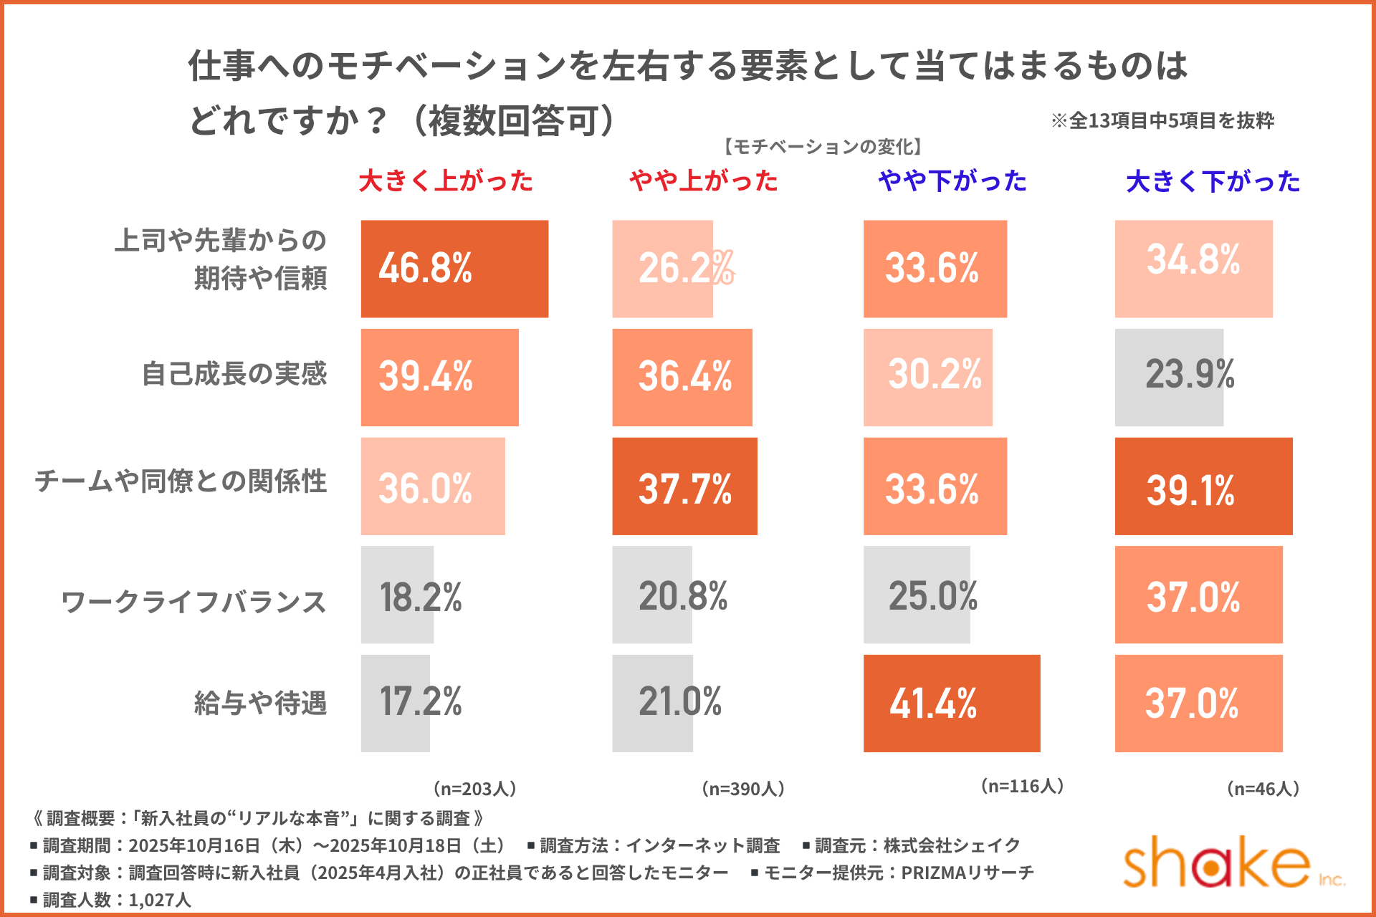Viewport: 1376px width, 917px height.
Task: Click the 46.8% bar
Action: [x=454, y=269]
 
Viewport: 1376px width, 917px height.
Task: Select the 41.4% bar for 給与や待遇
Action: [x=951, y=703]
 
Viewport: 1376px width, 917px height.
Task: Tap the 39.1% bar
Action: [x=1203, y=486]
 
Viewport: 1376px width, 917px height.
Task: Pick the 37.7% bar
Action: [x=684, y=486]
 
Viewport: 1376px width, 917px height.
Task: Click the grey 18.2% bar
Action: [x=397, y=595]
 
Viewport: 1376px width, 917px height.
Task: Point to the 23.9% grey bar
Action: [x=1169, y=378]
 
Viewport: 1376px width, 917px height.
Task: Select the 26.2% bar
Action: [x=662, y=269]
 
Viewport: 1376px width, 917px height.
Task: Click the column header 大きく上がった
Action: [x=446, y=181]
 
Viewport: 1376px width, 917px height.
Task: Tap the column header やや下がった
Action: [x=952, y=181]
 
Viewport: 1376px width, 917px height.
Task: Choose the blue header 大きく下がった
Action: [x=1213, y=182]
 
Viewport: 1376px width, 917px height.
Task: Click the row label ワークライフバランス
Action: [x=193, y=602]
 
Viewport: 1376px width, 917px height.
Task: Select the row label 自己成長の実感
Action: [x=234, y=374]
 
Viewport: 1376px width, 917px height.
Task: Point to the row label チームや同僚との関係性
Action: [x=181, y=481]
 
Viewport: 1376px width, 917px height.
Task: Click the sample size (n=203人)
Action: [x=474, y=789]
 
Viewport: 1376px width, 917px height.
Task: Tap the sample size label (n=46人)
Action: [x=1263, y=789]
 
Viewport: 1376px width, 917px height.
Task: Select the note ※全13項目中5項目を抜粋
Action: [x=1162, y=120]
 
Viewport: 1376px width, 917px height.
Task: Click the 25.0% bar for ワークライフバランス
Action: [x=917, y=595]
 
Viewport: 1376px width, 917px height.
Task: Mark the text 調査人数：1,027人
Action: [x=116, y=900]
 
